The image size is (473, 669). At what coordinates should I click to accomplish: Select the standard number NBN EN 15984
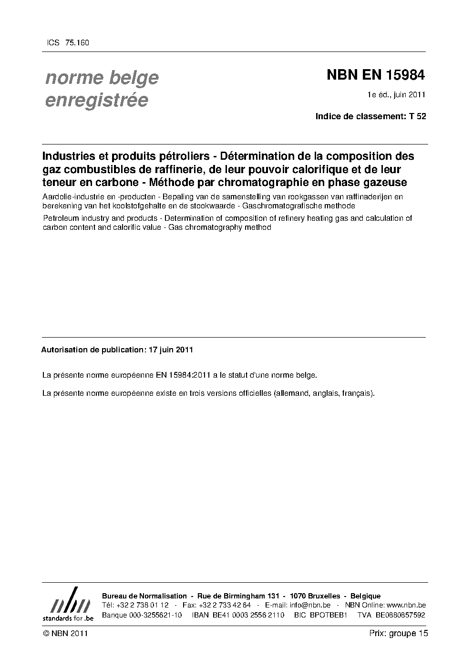click(375, 75)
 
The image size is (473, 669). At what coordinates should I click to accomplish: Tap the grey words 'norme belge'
click(102, 78)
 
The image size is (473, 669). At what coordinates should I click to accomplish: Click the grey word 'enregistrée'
click(96, 101)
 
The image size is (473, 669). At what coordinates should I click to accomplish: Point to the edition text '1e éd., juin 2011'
click(396, 94)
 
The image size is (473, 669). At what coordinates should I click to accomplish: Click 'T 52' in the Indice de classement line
click(417, 116)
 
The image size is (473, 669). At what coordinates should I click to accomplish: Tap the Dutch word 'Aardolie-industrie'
click(72, 196)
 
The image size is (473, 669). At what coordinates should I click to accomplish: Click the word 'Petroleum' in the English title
click(60, 218)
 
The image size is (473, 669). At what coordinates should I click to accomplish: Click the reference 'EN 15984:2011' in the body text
click(183, 375)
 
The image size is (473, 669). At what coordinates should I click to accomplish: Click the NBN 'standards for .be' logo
click(68, 605)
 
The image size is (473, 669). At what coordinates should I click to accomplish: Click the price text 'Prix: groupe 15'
click(398, 633)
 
